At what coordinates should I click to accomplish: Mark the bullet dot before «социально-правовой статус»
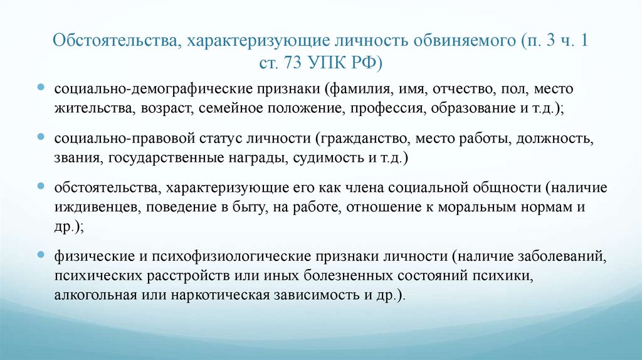[40, 136]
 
